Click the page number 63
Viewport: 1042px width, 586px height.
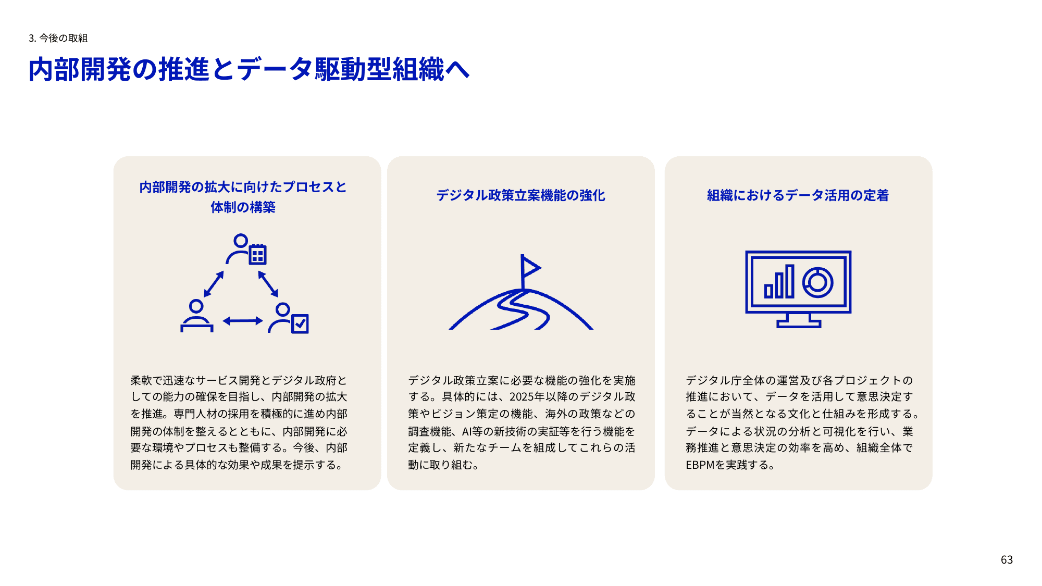coord(1007,560)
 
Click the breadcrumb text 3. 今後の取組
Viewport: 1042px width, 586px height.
coord(58,38)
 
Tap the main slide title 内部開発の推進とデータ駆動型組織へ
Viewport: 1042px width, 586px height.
coord(249,69)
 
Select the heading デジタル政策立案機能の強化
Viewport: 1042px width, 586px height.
coord(520,195)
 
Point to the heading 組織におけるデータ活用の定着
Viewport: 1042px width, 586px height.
coord(798,195)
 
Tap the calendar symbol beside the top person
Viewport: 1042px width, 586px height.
coord(257,254)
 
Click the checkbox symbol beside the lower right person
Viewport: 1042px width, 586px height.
coord(300,323)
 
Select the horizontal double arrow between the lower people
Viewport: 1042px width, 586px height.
coord(243,321)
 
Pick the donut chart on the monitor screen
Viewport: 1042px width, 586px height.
coord(817,282)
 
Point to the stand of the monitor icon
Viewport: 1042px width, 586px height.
coord(799,320)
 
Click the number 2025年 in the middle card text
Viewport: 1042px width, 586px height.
coord(527,397)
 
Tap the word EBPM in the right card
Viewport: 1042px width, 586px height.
coord(700,465)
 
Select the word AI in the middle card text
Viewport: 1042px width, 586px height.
coord(466,431)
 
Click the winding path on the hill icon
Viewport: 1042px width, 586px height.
coord(521,310)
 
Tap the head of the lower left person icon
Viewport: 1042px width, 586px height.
coord(196,306)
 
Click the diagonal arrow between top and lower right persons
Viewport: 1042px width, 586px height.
coord(268,284)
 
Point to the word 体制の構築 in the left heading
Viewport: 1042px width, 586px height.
coord(243,207)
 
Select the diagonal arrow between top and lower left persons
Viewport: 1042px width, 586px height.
coord(214,284)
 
